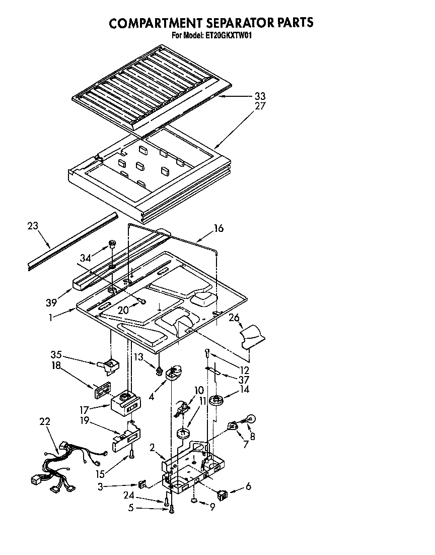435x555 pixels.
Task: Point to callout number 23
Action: (32, 227)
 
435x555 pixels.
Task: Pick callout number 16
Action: (218, 228)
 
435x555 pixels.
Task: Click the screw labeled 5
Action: (172, 510)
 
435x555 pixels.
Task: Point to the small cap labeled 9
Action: (194, 502)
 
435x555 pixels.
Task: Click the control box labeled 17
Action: (124, 402)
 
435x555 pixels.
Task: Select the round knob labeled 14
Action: (219, 401)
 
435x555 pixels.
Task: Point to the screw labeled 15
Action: (132, 455)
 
